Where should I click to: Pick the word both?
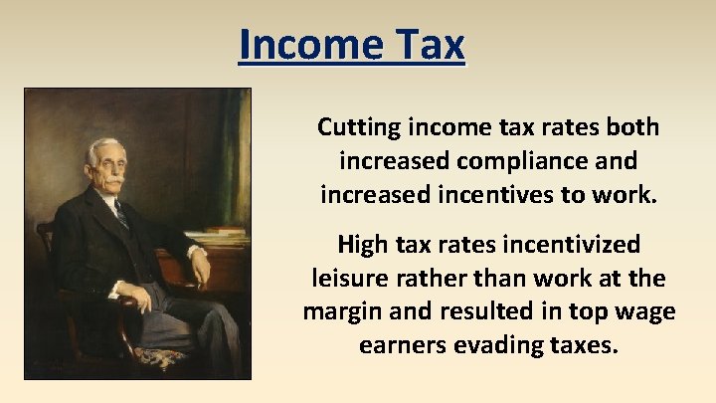(x=633, y=127)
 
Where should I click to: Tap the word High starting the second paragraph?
(x=364, y=244)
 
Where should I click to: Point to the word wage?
(x=643, y=310)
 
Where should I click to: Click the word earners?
(x=398, y=344)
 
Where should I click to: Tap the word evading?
(x=487, y=344)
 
